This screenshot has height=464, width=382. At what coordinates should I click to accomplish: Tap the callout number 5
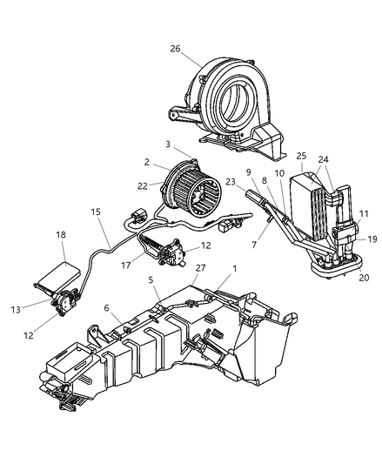(x=151, y=281)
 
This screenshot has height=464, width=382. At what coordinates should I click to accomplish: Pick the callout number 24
(x=323, y=159)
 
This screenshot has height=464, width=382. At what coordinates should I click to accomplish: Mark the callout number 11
(x=365, y=213)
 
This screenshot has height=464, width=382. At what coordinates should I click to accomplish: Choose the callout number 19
(x=370, y=238)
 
